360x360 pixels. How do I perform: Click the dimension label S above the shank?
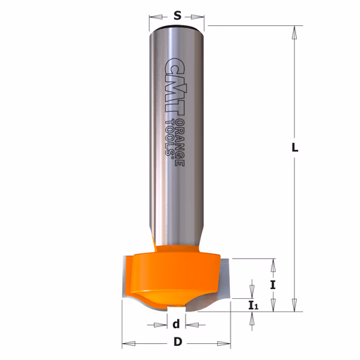178,16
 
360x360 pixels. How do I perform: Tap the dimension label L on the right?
295,148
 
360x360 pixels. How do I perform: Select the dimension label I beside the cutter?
273,285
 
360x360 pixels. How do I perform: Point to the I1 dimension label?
253,306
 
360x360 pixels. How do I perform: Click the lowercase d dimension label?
176,324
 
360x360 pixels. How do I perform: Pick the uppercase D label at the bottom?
178,342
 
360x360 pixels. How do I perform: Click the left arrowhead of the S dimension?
155,17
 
